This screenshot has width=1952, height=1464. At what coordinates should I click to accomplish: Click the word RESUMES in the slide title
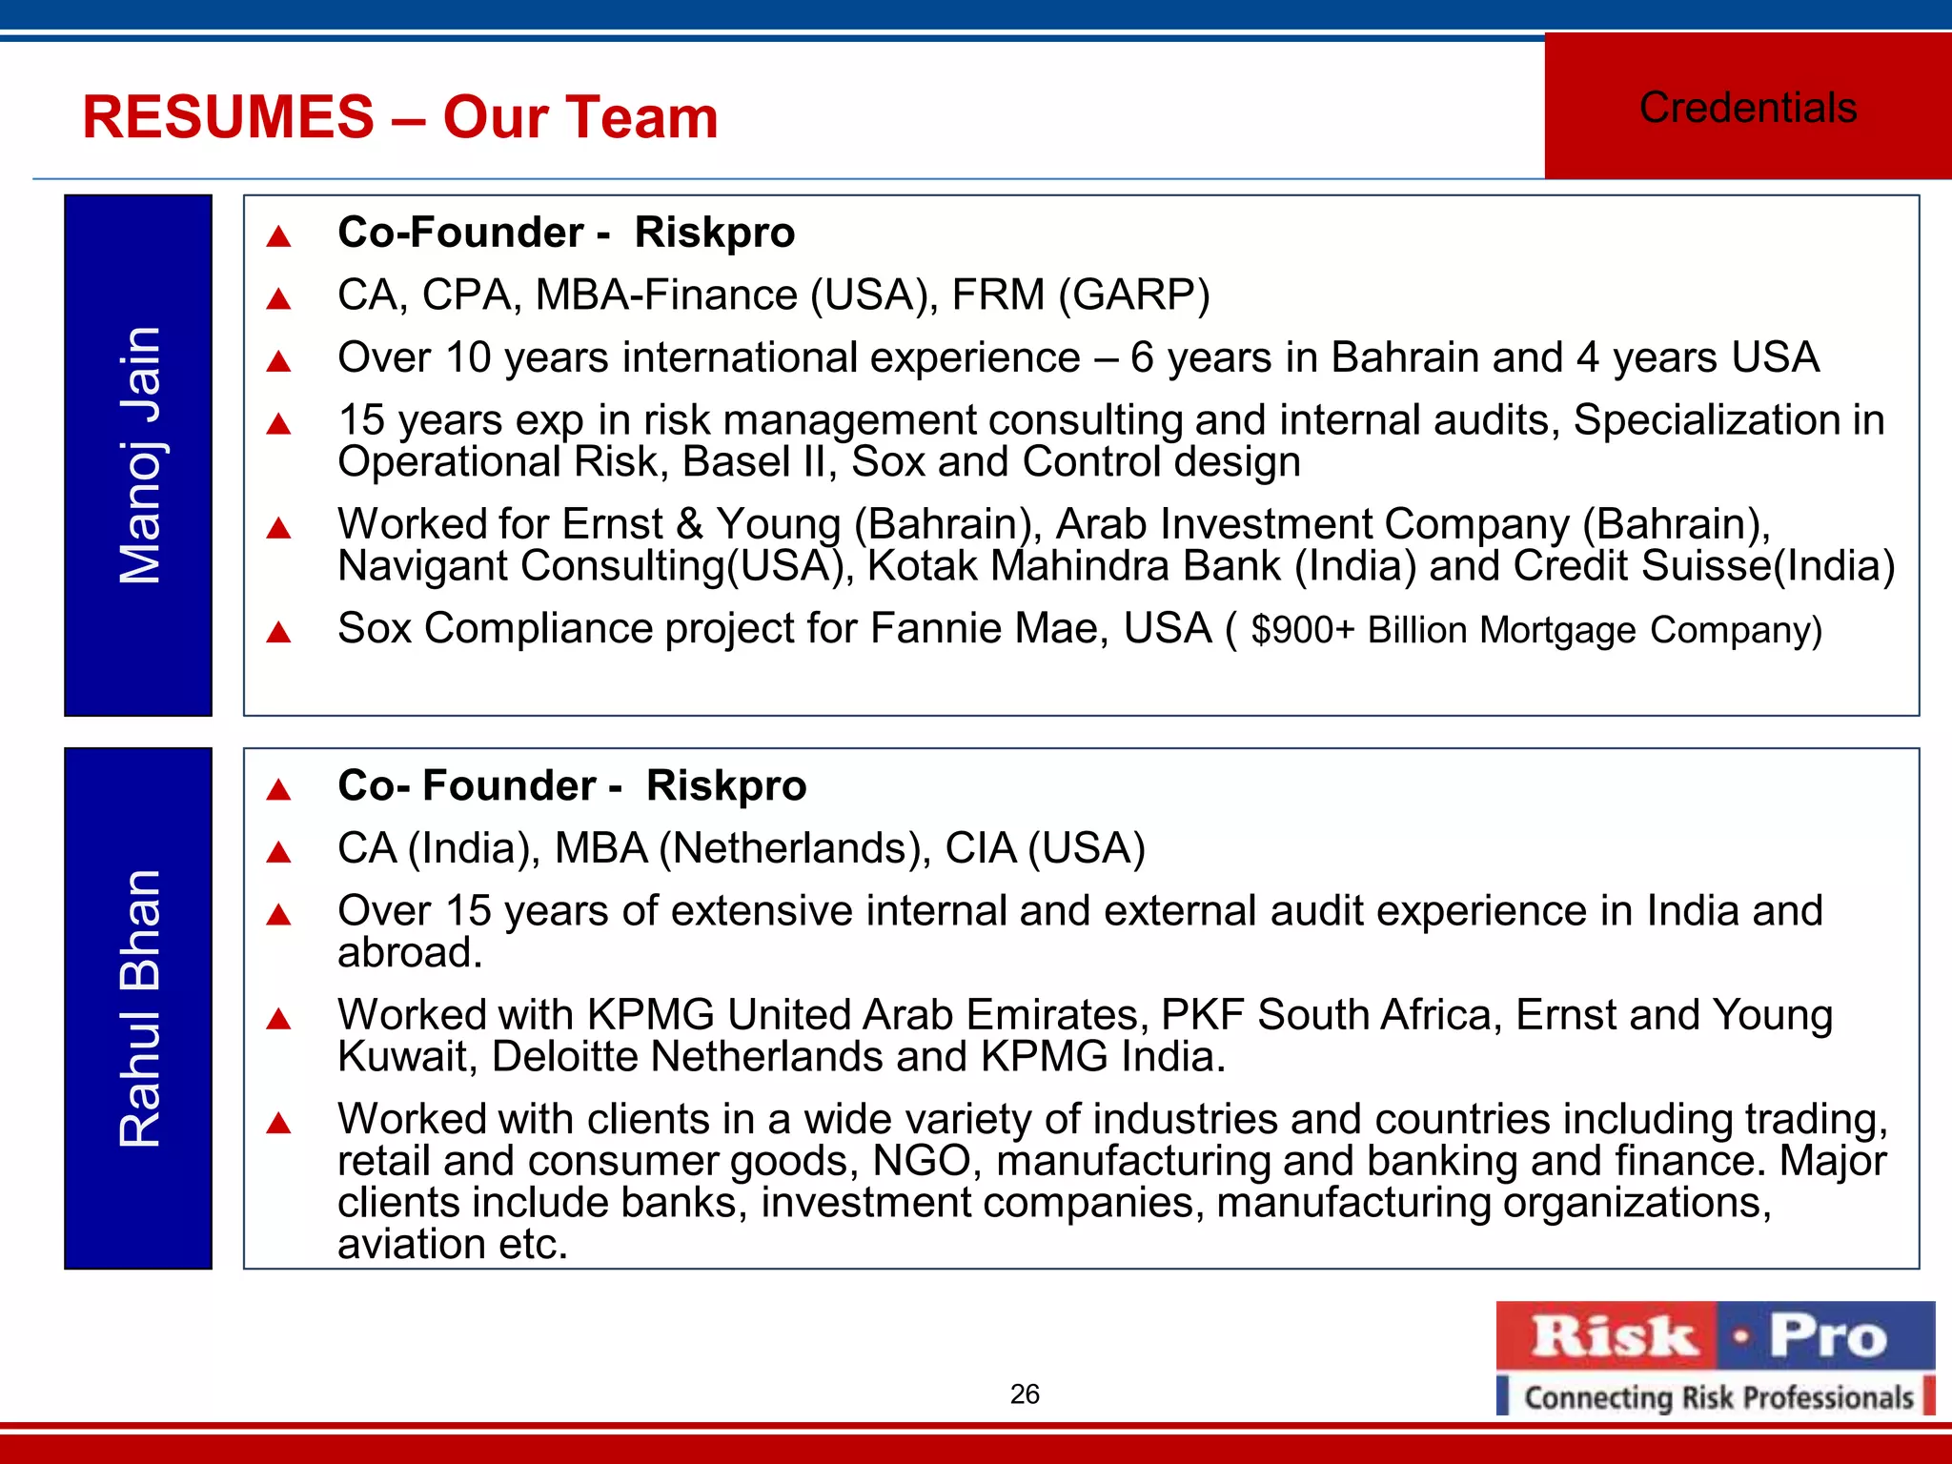(229, 117)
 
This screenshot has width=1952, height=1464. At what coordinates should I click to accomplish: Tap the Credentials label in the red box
(1748, 108)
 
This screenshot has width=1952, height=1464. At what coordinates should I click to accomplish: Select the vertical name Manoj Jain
(139, 456)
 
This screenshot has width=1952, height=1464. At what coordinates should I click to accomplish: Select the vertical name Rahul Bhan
(139, 1008)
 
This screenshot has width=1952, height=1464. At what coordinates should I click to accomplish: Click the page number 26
(1025, 1394)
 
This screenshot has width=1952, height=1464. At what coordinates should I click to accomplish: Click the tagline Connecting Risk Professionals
(1718, 1397)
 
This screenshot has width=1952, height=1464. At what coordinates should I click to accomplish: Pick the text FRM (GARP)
(1081, 295)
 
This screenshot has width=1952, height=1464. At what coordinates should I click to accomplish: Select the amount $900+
(1302, 631)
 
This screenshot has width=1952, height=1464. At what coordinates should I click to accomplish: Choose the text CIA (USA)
(1045, 848)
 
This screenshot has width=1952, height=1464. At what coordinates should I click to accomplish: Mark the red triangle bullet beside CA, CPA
(278, 299)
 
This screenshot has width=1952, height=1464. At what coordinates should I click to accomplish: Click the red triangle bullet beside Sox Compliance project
(278, 632)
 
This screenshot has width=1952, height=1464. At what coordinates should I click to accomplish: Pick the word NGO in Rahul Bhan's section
(921, 1161)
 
